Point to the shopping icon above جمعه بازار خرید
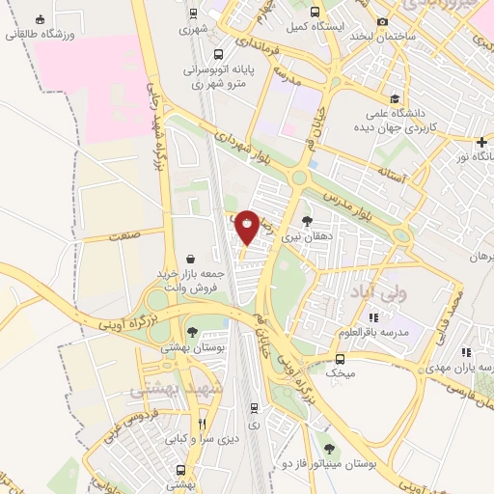coord(191,259)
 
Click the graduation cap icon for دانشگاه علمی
coord(394,98)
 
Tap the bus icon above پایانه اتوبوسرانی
coord(220,55)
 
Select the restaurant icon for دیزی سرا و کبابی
coord(202,423)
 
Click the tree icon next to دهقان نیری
coord(307,221)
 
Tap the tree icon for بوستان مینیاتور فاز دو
coord(330,448)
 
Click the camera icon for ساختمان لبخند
coord(382,21)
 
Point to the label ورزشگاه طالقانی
coord(41,34)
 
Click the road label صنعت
coord(124,234)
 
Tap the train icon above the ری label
coord(254,407)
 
